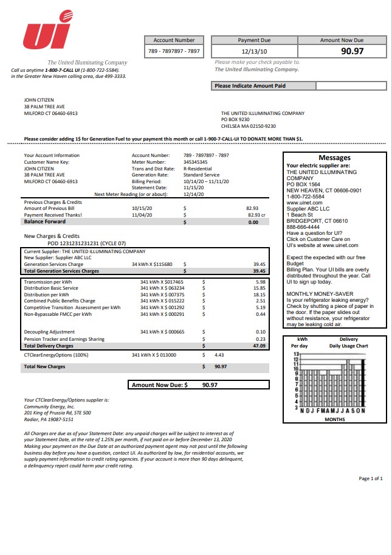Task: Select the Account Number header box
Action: coord(174,40)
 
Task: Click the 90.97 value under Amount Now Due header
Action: coord(352,51)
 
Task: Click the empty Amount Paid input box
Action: coord(351,86)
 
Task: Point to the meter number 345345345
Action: coord(196,162)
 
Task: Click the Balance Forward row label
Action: coord(45,222)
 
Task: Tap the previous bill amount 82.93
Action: coord(252,208)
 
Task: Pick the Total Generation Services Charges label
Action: coord(61,271)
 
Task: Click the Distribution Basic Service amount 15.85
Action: coord(260,288)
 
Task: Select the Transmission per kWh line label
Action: coord(48,282)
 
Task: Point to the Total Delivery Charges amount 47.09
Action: coord(259,346)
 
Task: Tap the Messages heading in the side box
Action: coord(334,158)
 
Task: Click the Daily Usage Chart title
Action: coord(349,346)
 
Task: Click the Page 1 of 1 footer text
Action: coord(371,478)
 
